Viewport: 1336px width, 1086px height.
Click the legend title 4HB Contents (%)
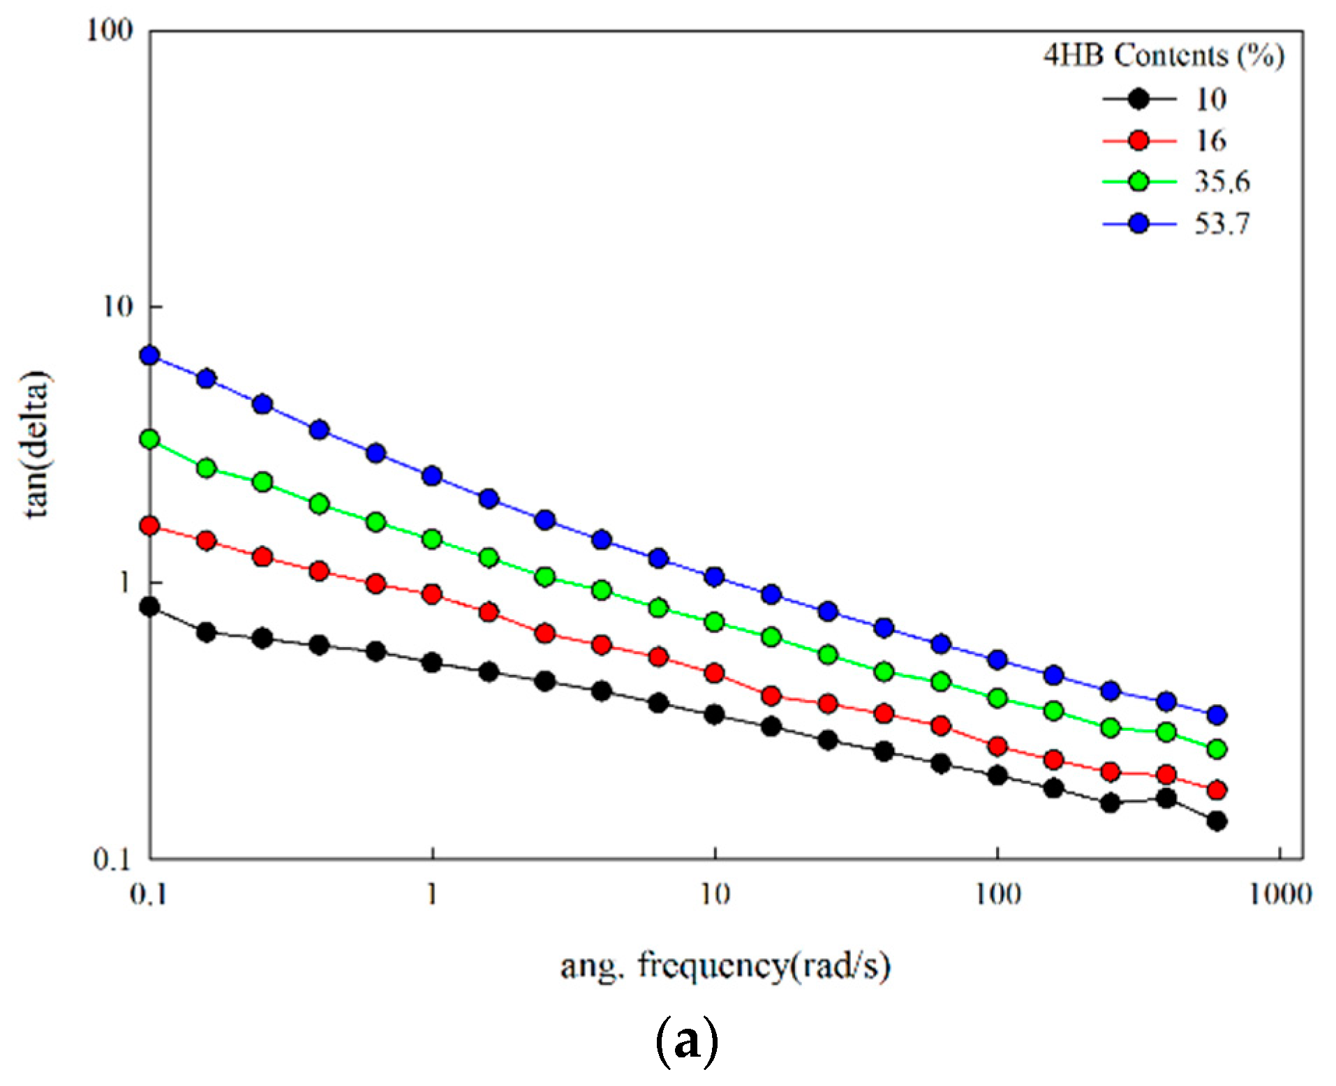[1164, 56]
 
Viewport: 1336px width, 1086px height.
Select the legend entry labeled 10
[1211, 99]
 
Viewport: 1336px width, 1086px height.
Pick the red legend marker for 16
[1138, 140]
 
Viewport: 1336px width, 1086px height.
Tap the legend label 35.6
[1222, 181]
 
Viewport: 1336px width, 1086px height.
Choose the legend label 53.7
[1222, 223]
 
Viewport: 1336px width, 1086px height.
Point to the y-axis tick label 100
[110, 30]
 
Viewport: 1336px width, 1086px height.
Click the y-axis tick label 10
[117, 306]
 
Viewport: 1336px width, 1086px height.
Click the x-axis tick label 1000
[1280, 894]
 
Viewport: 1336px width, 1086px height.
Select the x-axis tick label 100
[997, 894]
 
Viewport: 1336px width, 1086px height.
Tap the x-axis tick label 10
[715, 894]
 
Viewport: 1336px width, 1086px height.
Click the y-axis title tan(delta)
[36, 445]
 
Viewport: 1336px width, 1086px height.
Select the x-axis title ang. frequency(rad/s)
[725, 967]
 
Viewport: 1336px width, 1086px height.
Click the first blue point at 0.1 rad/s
[150, 356]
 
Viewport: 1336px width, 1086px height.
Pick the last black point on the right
[1217, 821]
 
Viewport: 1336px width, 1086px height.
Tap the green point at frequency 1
[432, 539]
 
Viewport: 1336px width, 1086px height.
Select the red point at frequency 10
[714, 674]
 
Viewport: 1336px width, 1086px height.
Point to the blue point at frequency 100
[997, 660]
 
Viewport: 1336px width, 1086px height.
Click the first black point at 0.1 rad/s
[150, 607]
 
